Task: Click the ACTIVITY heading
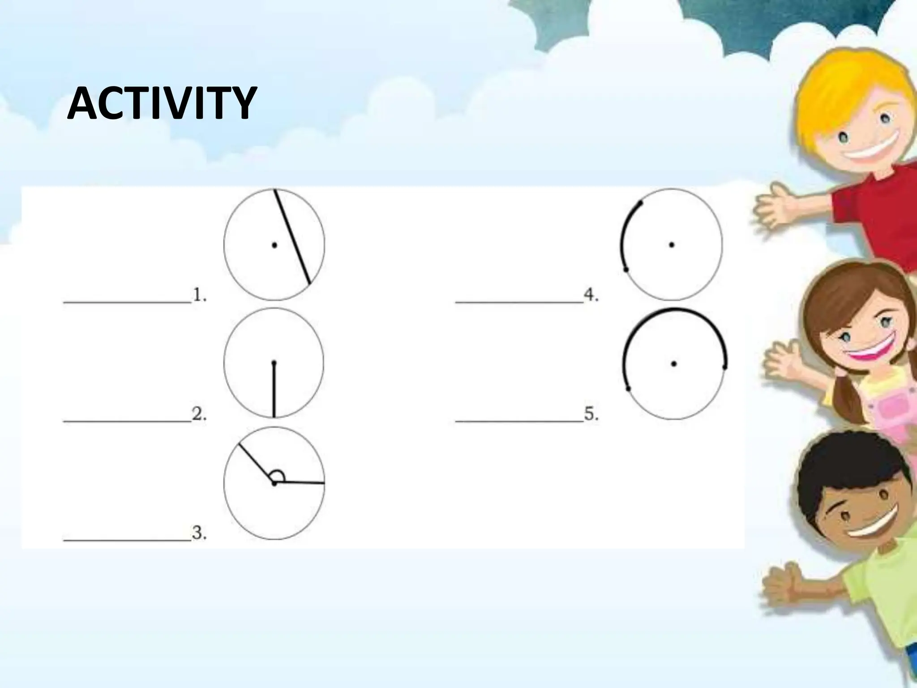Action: [x=162, y=104]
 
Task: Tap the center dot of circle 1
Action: [x=274, y=245]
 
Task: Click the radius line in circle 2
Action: [x=274, y=390]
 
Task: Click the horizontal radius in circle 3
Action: [x=300, y=482]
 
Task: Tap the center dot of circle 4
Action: [x=671, y=245]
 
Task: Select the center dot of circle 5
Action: [x=673, y=364]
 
